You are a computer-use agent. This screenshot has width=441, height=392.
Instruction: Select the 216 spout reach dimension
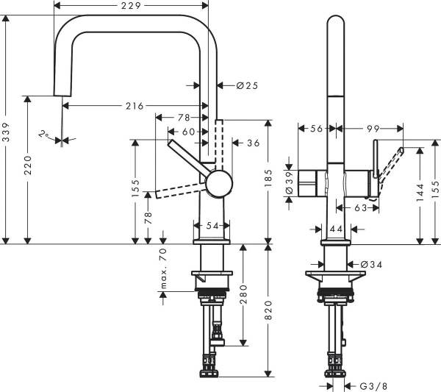click(x=134, y=106)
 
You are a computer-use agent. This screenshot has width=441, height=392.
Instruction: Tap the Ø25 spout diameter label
click(x=247, y=86)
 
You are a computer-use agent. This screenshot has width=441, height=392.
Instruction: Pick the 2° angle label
click(x=46, y=135)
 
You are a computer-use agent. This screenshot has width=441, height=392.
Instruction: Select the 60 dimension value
click(x=190, y=132)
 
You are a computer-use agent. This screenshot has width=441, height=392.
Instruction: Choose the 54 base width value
click(x=212, y=226)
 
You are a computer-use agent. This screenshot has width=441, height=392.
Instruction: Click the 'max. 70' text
click(x=163, y=266)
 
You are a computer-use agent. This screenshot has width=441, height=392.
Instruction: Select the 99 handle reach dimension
click(x=373, y=128)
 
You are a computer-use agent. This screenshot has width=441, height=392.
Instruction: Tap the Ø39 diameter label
click(x=290, y=182)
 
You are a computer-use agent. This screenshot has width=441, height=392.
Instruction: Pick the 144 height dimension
click(x=420, y=193)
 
